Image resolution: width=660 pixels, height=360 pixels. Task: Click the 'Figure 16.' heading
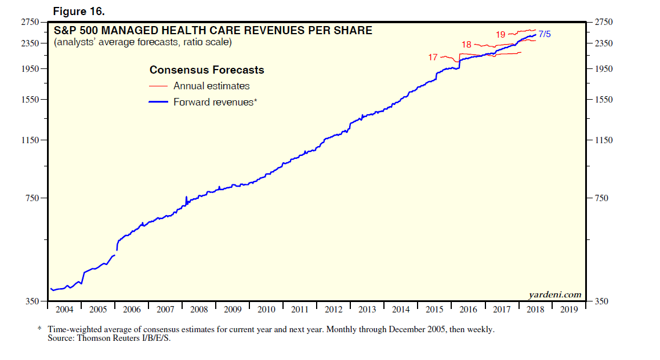78,11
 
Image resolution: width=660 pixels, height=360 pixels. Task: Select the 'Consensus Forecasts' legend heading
206,70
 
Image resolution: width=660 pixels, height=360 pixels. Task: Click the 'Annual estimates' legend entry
211,86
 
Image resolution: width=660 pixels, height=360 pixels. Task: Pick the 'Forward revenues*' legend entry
215,102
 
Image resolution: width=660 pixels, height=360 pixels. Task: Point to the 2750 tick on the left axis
30,23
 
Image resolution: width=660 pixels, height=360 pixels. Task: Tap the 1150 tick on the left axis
30,140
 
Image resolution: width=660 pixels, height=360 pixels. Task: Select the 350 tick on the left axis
32,301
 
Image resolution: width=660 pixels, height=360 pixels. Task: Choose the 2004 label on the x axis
64,309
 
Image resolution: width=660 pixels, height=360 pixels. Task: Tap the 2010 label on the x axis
266,309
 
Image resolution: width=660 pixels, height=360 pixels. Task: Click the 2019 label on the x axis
569,309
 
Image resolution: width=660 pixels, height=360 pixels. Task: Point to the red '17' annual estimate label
433,57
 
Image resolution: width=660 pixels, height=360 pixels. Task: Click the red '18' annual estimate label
466,45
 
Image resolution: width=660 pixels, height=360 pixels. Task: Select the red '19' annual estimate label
501,35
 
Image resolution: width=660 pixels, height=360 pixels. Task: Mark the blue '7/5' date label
545,34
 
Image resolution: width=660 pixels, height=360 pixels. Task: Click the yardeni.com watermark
554,294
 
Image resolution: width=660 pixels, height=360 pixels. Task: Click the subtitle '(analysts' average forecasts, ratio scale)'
143,42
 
